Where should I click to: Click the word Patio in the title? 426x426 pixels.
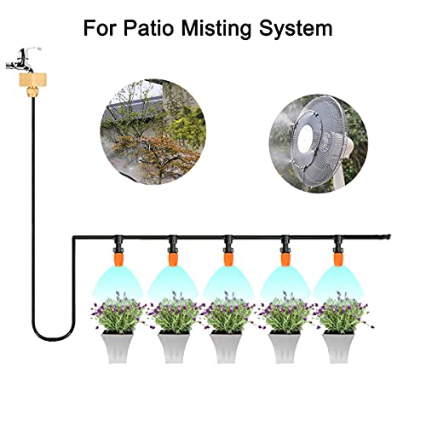pyautogui.click(x=148, y=28)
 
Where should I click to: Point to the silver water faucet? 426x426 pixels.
pyautogui.click(x=23, y=60)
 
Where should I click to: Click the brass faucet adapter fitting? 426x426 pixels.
pyautogui.click(x=32, y=84)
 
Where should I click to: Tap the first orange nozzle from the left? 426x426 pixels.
pyautogui.click(x=118, y=259)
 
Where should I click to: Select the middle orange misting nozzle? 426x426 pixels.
pyautogui.click(x=228, y=259)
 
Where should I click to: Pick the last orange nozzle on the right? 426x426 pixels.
pyautogui.click(x=338, y=259)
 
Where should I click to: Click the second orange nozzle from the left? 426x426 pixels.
pyautogui.click(x=173, y=259)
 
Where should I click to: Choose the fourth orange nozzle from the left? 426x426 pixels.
pyautogui.click(x=285, y=259)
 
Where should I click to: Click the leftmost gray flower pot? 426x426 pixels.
pyautogui.click(x=117, y=347)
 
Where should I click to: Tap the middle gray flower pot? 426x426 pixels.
pyautogui.click(x=226, y=347)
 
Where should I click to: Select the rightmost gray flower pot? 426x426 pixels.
pyautogui.click(x=338, y=347)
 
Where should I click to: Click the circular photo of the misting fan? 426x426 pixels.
pyautogui.click(x=319, y=144)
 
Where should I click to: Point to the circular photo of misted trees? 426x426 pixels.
pyautogui.click(x=153, y=132)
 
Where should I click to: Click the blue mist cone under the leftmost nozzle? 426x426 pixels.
pyautogui.click(x=118, y=282)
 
